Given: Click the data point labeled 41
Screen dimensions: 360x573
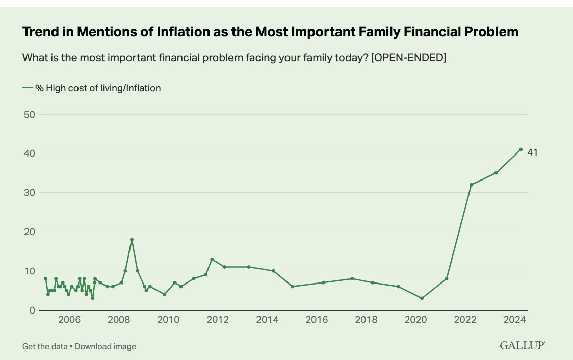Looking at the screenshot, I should coord(520,149).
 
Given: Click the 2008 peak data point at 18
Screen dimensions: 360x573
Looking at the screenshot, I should coord(132,240).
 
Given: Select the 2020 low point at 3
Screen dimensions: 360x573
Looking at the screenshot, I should coord(422,298).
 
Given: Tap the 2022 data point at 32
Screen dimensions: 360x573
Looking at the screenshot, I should coord(471,185).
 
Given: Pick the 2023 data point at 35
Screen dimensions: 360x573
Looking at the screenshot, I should coord(496,173).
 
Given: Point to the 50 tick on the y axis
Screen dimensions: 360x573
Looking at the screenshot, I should coord(29,114).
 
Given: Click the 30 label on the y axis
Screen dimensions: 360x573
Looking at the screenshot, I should coord(29,193).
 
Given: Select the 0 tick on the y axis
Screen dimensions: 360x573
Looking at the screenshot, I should coord(31,310).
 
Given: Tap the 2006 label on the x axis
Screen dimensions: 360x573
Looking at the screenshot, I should coord(69,320).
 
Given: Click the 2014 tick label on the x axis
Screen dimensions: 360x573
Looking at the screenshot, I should coord(267,320).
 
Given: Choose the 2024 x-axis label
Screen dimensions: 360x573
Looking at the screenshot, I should coord(514,320).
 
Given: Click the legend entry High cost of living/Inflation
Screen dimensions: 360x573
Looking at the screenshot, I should coord(97,88).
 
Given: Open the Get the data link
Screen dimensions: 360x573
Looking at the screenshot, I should coord(45,347).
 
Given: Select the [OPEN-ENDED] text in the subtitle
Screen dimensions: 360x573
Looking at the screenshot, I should coord(408,58).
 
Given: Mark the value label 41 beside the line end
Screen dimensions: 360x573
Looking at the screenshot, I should coord(532,152).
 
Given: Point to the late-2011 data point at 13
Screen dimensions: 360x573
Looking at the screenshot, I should coord(212,259).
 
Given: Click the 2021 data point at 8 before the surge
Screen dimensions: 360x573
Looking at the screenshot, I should coord(447,278).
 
